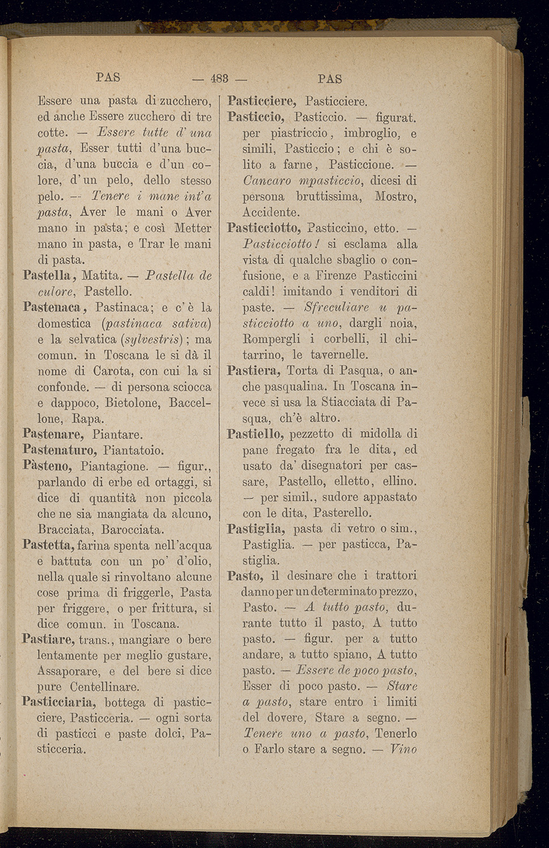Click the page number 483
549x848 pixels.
coord(219,79)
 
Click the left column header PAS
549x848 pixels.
coord(109,77)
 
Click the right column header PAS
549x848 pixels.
coord(330,79)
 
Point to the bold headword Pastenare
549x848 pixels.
coord(53,434)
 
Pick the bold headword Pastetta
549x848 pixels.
coord(49,545)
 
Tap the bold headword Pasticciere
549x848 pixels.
coord(262,102)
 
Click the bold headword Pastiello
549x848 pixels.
coord(256,434)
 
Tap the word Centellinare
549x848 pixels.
coord(105,687)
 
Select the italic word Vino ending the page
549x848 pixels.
coord(403,750)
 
